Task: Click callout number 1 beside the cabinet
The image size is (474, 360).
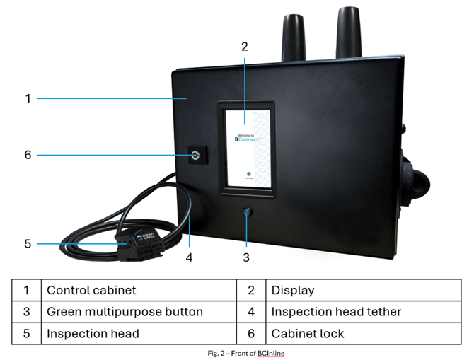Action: point(28,98)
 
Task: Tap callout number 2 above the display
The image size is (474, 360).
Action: point(244,47)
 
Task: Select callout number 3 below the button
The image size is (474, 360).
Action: point(246,257)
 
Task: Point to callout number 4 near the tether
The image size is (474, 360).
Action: point(189,257)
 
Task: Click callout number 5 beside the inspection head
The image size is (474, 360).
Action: point(28,244)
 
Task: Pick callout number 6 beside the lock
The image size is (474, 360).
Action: point(28,154)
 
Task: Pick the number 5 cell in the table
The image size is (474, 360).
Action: point(27,333)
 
